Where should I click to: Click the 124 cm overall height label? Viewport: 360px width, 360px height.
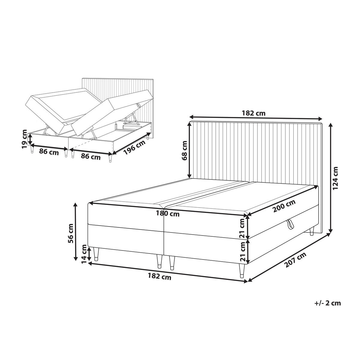(335, 178)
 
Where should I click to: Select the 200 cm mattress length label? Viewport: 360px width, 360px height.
(284, 206)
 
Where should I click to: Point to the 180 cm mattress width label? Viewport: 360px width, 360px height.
(168, 214)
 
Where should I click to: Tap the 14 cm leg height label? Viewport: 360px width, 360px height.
(84, 254)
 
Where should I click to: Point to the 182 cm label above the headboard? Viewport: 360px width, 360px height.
(253, 113)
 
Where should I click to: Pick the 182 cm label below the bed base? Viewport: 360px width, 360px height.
(159, 277)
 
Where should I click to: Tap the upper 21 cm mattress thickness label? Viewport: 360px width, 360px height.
(242, 228)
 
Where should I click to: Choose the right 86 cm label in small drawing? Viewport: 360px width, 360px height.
(91, 157)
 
